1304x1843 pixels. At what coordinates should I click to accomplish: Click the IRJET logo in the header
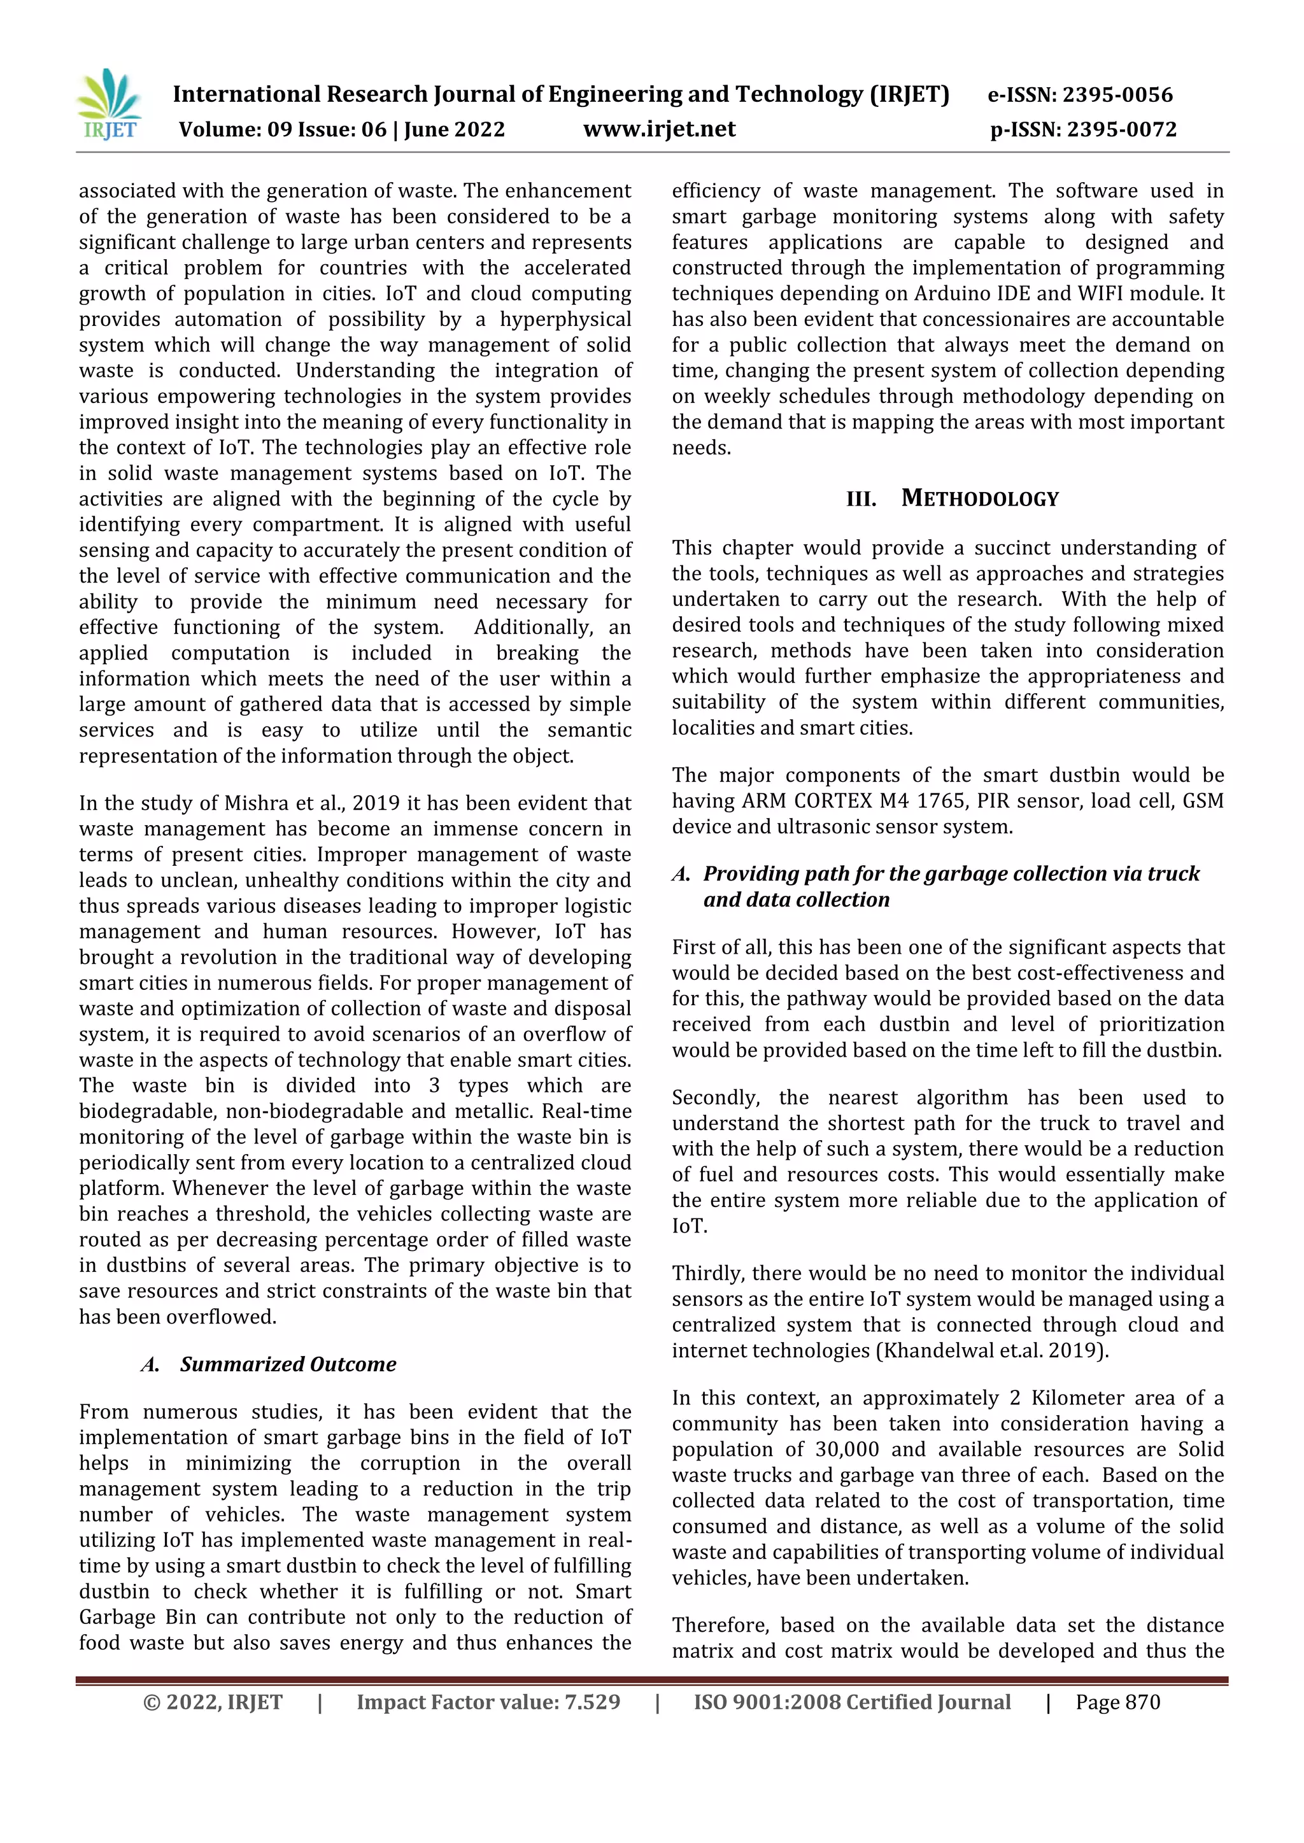[110, 105]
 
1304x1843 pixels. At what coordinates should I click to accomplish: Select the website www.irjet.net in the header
[659, 129]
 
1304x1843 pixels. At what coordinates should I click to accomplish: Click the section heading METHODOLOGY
[980, 498]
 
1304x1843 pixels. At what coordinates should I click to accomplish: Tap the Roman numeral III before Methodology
[861, 499]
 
